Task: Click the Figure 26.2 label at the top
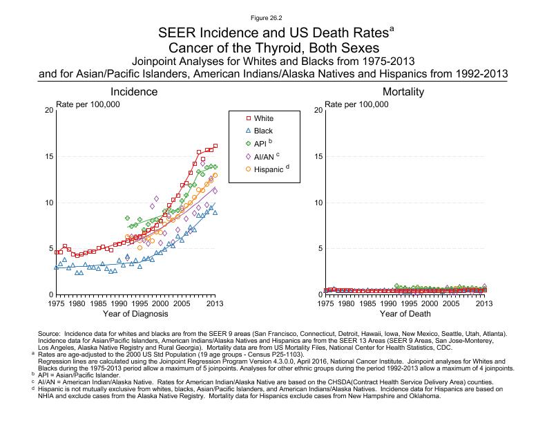tap(273, 15)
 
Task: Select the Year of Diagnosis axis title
tap(135, 314)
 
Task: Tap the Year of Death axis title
tap(405, 314)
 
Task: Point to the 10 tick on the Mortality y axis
tap(317, 203)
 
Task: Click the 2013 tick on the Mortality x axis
tap(485, 303)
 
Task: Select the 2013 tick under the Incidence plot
tap(215, 303)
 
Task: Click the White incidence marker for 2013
tap(215, 146)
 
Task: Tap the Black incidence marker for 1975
tap(56, 267)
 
